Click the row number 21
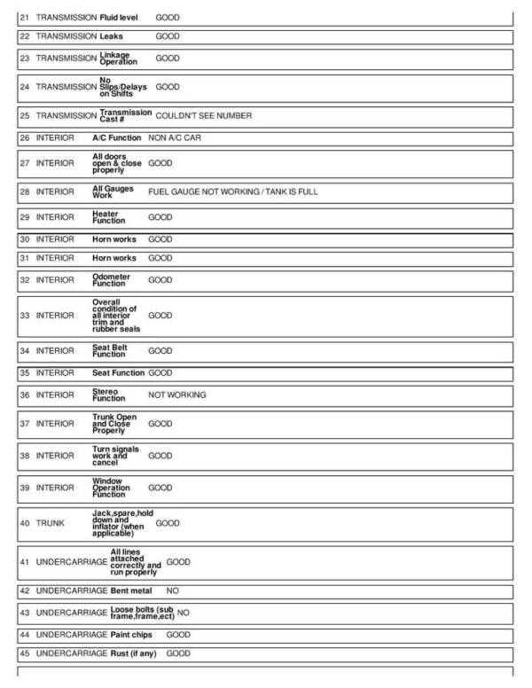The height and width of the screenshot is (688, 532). (25, 18)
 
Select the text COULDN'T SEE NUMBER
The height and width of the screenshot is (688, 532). (203, 116)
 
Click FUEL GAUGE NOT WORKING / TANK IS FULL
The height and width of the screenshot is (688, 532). (232, 192)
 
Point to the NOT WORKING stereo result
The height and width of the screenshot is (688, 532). (177, 395)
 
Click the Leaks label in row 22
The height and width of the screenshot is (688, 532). (111, 36)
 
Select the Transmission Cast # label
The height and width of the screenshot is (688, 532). (125, 116)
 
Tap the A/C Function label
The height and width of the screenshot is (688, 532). (116, 139)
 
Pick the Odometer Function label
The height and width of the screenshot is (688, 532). (109, 280)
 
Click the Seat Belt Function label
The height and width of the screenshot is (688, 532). (111, 350)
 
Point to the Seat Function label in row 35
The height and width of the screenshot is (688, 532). (119, 373)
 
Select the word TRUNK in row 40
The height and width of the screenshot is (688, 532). (49, 523)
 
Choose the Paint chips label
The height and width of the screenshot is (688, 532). (133, 635)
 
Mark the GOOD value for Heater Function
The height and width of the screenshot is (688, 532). (160, 217)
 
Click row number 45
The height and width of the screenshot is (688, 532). (25, 653)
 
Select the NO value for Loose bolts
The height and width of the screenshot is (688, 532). (184, 613)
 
